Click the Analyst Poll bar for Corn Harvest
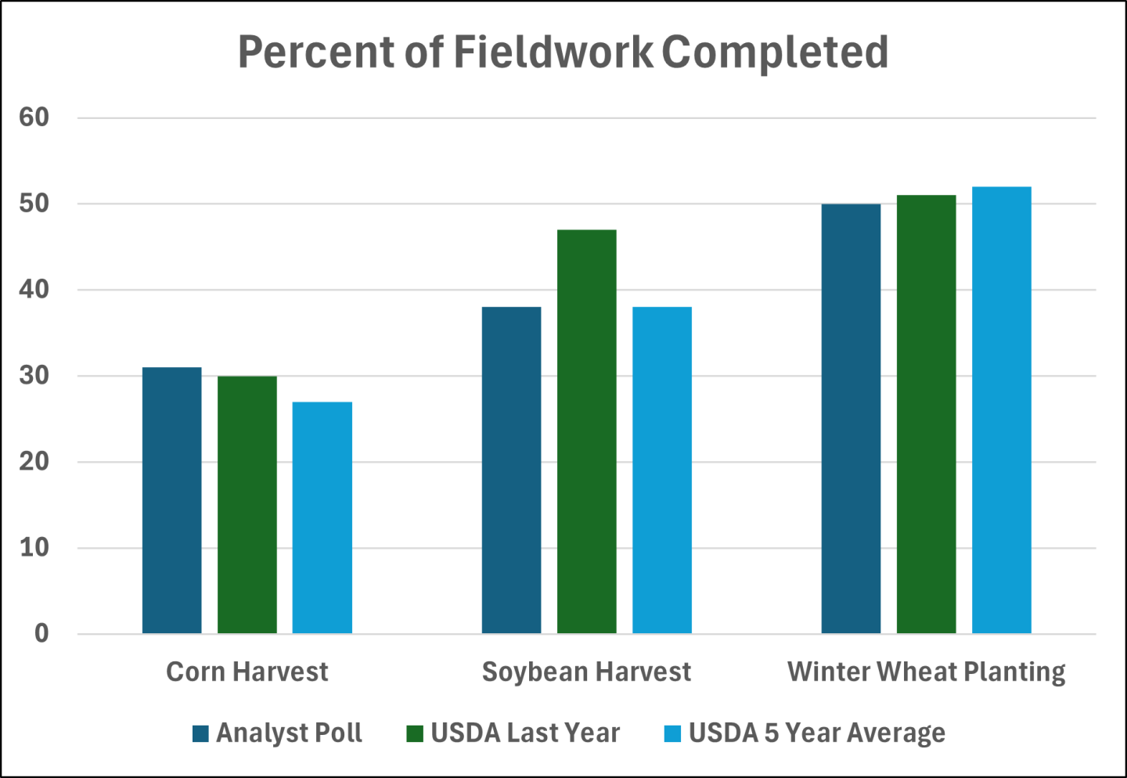(171, 500)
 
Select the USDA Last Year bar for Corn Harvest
(247, 505)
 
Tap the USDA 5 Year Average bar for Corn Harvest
(322, 517)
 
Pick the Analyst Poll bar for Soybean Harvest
(511, 470)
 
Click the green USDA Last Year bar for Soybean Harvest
(586, 431)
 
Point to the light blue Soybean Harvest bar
(661, 470)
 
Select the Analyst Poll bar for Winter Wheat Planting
(851, 418)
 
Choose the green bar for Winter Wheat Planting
(926, 414)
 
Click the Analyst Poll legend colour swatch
(200, 734)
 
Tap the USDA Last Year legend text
(525, 733)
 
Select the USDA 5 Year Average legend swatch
(672, 734)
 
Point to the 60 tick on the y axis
(34, 117)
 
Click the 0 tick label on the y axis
(41, 633)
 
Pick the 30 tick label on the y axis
(34, 376)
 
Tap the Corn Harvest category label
(247, 672)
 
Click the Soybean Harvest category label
(586, 672)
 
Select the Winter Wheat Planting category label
(926, 672)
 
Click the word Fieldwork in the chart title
(553, 52)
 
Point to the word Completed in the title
(775, 52)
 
